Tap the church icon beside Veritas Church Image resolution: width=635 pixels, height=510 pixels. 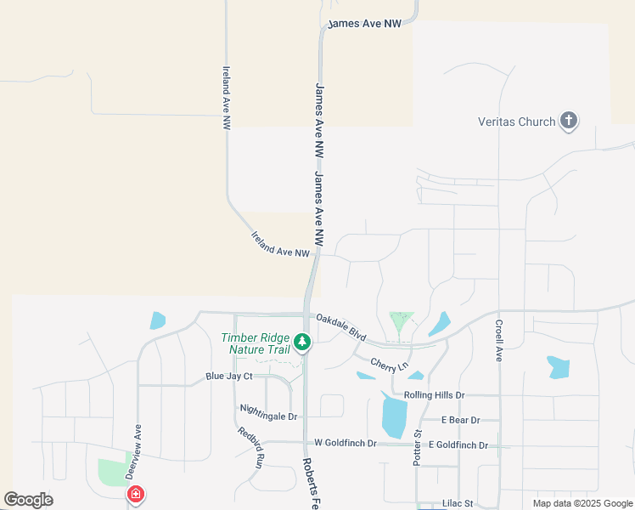click(569, 122)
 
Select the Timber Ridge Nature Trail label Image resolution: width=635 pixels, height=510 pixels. click(256, 343)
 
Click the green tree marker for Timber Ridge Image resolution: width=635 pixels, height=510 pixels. click(302, 343)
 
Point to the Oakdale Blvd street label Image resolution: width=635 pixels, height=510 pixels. click(341, 327)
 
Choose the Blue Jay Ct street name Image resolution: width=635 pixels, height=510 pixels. click(229, 377)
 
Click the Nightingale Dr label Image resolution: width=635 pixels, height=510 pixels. click(269, 416)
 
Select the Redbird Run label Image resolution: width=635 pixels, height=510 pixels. click(250, 446)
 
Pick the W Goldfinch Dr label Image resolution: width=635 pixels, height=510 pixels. click(345, 443)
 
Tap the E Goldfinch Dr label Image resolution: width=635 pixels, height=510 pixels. click(458, 445)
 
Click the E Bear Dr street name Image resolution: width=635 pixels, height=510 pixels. click(461, 420)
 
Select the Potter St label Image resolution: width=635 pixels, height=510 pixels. click(418, 446)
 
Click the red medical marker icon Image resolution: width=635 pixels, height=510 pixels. click(134, 495)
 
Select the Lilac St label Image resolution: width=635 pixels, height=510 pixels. click(457, 504)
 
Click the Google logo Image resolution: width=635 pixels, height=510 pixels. click(29, 500)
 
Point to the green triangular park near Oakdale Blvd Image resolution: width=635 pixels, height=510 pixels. click(401, 321)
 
